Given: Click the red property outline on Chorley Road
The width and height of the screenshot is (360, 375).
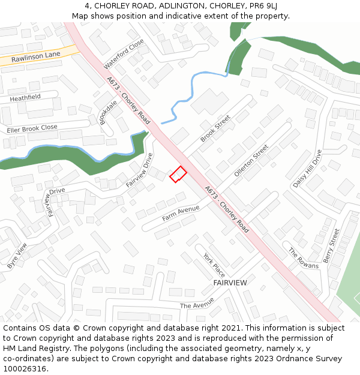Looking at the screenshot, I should coord(178,174).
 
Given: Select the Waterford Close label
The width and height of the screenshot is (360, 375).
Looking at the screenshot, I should coord(124,53).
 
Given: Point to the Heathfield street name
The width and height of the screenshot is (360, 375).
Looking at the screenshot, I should coord(25,97).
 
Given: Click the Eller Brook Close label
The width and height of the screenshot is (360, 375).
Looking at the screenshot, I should coord(32,128).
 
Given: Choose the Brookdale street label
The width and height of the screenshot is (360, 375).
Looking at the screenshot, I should coord(108,112).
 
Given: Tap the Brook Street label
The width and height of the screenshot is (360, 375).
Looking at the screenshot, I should coord(215,129).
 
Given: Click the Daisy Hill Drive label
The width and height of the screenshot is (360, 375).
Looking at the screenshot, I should coord(307,169).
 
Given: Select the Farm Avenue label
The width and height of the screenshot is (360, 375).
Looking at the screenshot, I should coord(180,213).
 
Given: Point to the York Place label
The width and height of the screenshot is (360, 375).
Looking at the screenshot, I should coord(214,264).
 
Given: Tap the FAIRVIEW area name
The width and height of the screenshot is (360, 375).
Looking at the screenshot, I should coord(230,282).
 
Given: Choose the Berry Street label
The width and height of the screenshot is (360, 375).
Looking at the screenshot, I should coord(331,245).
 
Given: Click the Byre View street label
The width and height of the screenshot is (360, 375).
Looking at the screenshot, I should coord(17,256).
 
